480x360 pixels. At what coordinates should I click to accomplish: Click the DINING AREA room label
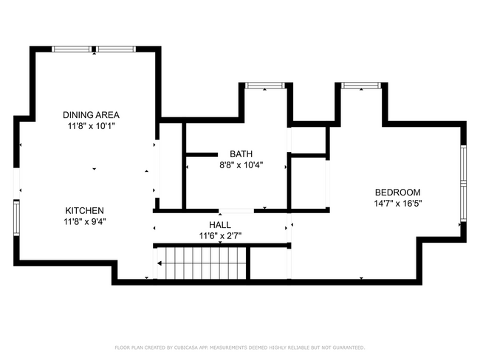pos(91,115)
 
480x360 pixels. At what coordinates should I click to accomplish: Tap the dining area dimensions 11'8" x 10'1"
pos(92,126)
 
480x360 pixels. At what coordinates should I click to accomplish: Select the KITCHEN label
pos(84,211)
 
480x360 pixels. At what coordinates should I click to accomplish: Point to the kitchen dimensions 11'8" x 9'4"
pos(85,222)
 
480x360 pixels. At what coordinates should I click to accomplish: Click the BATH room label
pos(241,154)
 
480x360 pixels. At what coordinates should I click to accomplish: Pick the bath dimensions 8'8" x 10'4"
pos(241,165)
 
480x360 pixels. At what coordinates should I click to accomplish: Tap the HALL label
pos(220,225)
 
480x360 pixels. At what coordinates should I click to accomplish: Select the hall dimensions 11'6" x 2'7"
pos(220,236)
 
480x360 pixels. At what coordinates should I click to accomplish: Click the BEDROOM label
pos(397,193)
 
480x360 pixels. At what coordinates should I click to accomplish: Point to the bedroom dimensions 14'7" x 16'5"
pos(398,204)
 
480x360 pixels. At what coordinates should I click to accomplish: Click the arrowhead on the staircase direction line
pos(160,263)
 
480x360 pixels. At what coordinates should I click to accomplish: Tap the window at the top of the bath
pos(265,86)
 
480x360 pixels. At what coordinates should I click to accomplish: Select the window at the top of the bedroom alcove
pos(361,86)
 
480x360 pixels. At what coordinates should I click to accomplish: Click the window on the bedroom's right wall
pos(464,183)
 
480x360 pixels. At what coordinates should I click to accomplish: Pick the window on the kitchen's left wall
pos(16,218)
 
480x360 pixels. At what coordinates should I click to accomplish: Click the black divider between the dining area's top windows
pos(94,49)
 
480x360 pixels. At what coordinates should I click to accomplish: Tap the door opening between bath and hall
pos(236,211)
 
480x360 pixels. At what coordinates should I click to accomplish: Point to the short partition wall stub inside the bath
pos(202,155)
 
